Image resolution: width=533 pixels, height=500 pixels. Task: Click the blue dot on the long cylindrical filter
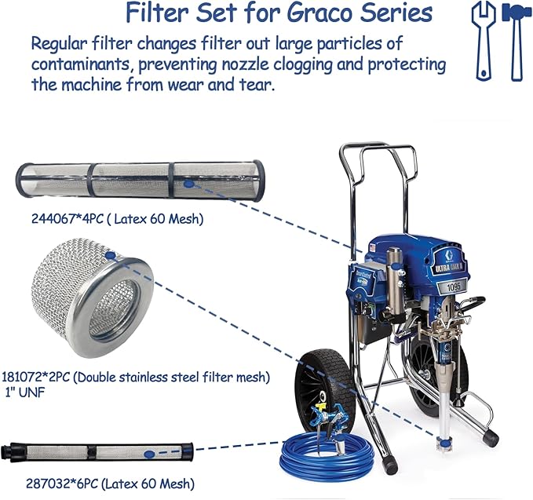[x=188, y=183]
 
